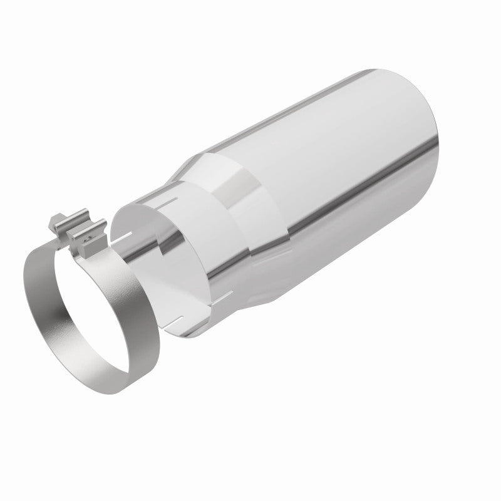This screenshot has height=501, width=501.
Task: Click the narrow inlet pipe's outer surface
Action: pos(200,276)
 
